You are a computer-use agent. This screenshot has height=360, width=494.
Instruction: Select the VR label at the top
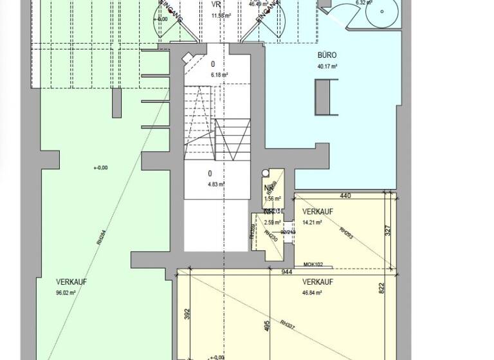(x=216, y=3)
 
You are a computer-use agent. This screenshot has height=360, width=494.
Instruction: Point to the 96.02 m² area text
(x=66, y=292)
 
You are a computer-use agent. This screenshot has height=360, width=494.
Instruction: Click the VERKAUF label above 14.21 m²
(x=317, y=212)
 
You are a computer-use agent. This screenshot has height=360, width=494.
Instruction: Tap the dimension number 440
(x=345, y=196)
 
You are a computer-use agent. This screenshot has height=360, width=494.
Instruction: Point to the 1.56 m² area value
(x=273, y=199)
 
